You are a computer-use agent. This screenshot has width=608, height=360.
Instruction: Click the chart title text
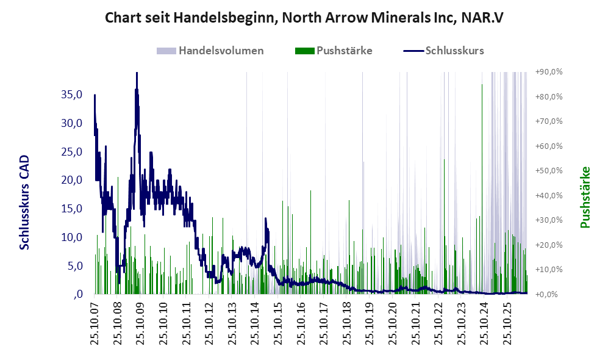[x=304, y=18]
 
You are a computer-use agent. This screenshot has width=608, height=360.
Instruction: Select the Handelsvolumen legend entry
[x=210, y=51]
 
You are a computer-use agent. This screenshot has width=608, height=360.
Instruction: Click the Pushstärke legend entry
[x=334, y=51]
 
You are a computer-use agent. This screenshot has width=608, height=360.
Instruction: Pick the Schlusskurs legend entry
[x=443, y=51]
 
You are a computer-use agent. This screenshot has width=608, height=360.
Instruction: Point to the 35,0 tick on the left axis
[x=72, y=94]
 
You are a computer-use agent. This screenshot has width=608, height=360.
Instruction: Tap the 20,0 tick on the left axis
[x=72, y=180]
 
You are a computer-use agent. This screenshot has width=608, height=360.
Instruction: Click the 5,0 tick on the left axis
[x=74, y=266]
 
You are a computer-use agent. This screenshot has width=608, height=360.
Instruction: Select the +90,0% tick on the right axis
[x=549, y=72]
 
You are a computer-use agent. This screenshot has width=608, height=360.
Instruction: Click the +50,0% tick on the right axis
[x=549, y=171]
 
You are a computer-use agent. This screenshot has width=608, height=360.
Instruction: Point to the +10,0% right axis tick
[x=549, y=269]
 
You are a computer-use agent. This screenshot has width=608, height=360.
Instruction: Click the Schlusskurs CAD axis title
[x=24, y=202]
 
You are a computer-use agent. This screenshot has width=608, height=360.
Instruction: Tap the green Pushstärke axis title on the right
[x=585, y=197]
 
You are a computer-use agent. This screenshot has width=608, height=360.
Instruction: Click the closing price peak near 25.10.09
[x=137, y=73]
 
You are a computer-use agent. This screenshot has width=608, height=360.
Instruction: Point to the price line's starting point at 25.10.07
[x=95, y=95]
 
